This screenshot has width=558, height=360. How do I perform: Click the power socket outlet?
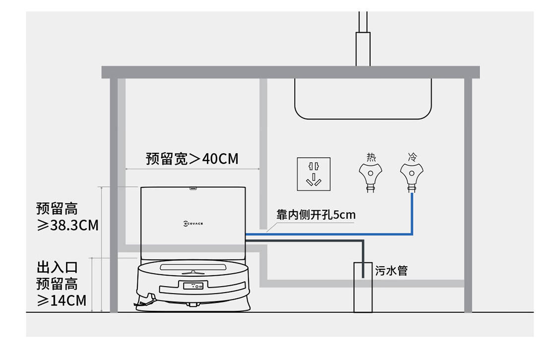click(313, 174)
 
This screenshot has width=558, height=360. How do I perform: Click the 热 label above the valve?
click(371, 157)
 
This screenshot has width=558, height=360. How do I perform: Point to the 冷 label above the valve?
click(412, 157)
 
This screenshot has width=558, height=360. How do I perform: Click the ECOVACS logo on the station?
click(193, 224)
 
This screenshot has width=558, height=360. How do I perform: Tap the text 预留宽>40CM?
click(192, 159)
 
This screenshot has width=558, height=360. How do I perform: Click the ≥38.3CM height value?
click(67, 225)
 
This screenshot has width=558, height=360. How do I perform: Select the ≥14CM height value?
click(62, 300)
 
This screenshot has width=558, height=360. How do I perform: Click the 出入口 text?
click(57, 267)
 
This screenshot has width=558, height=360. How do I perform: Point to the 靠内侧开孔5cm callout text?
click(316, 215)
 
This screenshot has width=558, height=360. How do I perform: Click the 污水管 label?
click(391, 271)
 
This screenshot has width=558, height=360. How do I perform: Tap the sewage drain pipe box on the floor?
click(363, 288)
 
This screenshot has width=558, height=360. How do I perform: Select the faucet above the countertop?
click(363, 39)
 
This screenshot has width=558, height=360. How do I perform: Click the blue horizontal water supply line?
click(329, 234)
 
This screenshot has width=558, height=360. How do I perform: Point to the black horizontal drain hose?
click(305, 241)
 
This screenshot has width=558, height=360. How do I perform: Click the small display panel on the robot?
click(193, 286)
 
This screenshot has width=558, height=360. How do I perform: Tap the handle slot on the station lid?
click(193, 188)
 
